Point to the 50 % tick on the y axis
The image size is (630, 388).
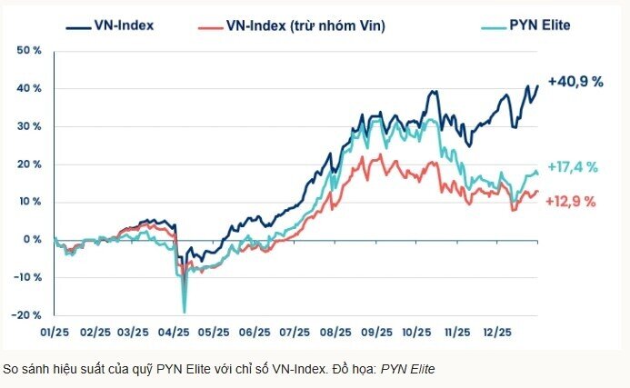(x=30, y=51)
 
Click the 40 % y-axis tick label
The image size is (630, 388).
(x=30, y=89)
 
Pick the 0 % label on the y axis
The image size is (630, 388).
(x=34, y=240)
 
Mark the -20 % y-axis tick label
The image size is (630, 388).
(x=28, y=315)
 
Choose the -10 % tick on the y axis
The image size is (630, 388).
(x=28, y=277)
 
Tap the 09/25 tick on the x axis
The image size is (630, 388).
(x=375, y=332)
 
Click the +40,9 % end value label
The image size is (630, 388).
(x=575, y=82)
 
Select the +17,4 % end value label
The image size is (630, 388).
(x=572, y=166)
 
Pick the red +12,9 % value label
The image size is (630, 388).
(x=571, y=202)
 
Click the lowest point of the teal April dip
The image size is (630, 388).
(x=185, y=312)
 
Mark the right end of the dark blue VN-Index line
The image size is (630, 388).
(x=538, y=85)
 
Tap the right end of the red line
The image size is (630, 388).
(x=538, y=192)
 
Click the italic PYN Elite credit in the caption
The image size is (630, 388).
(x=407, y=369)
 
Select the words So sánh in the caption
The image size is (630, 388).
(x=25, y=369)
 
